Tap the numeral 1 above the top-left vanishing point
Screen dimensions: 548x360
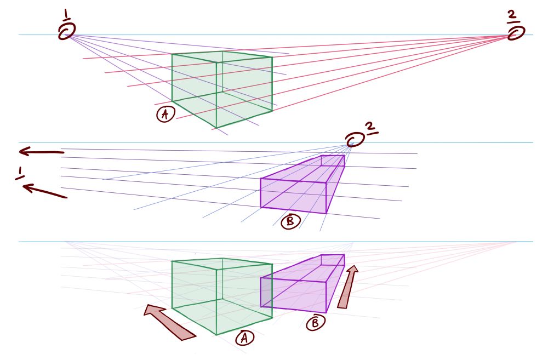coord(66,15)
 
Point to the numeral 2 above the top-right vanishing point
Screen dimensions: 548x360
coord(512,16)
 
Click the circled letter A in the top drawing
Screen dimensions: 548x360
coord(165,114)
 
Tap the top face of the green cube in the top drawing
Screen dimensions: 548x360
coord(222,57)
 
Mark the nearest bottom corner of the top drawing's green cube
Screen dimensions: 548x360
coord(216,128)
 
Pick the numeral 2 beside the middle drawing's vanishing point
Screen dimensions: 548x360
coord(371,129)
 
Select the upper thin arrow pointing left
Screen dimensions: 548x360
coord(42,152)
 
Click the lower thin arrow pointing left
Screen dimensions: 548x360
coord(45,191)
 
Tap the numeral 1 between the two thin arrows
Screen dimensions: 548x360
coord(20,173)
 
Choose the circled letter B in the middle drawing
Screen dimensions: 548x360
coord(290,221)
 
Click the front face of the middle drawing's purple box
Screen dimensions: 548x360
coord(294,196)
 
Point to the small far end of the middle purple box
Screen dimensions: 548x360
coord(333,161)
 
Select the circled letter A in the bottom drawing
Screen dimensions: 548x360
coord(244,338)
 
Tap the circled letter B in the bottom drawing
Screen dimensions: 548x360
coord(315,323)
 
